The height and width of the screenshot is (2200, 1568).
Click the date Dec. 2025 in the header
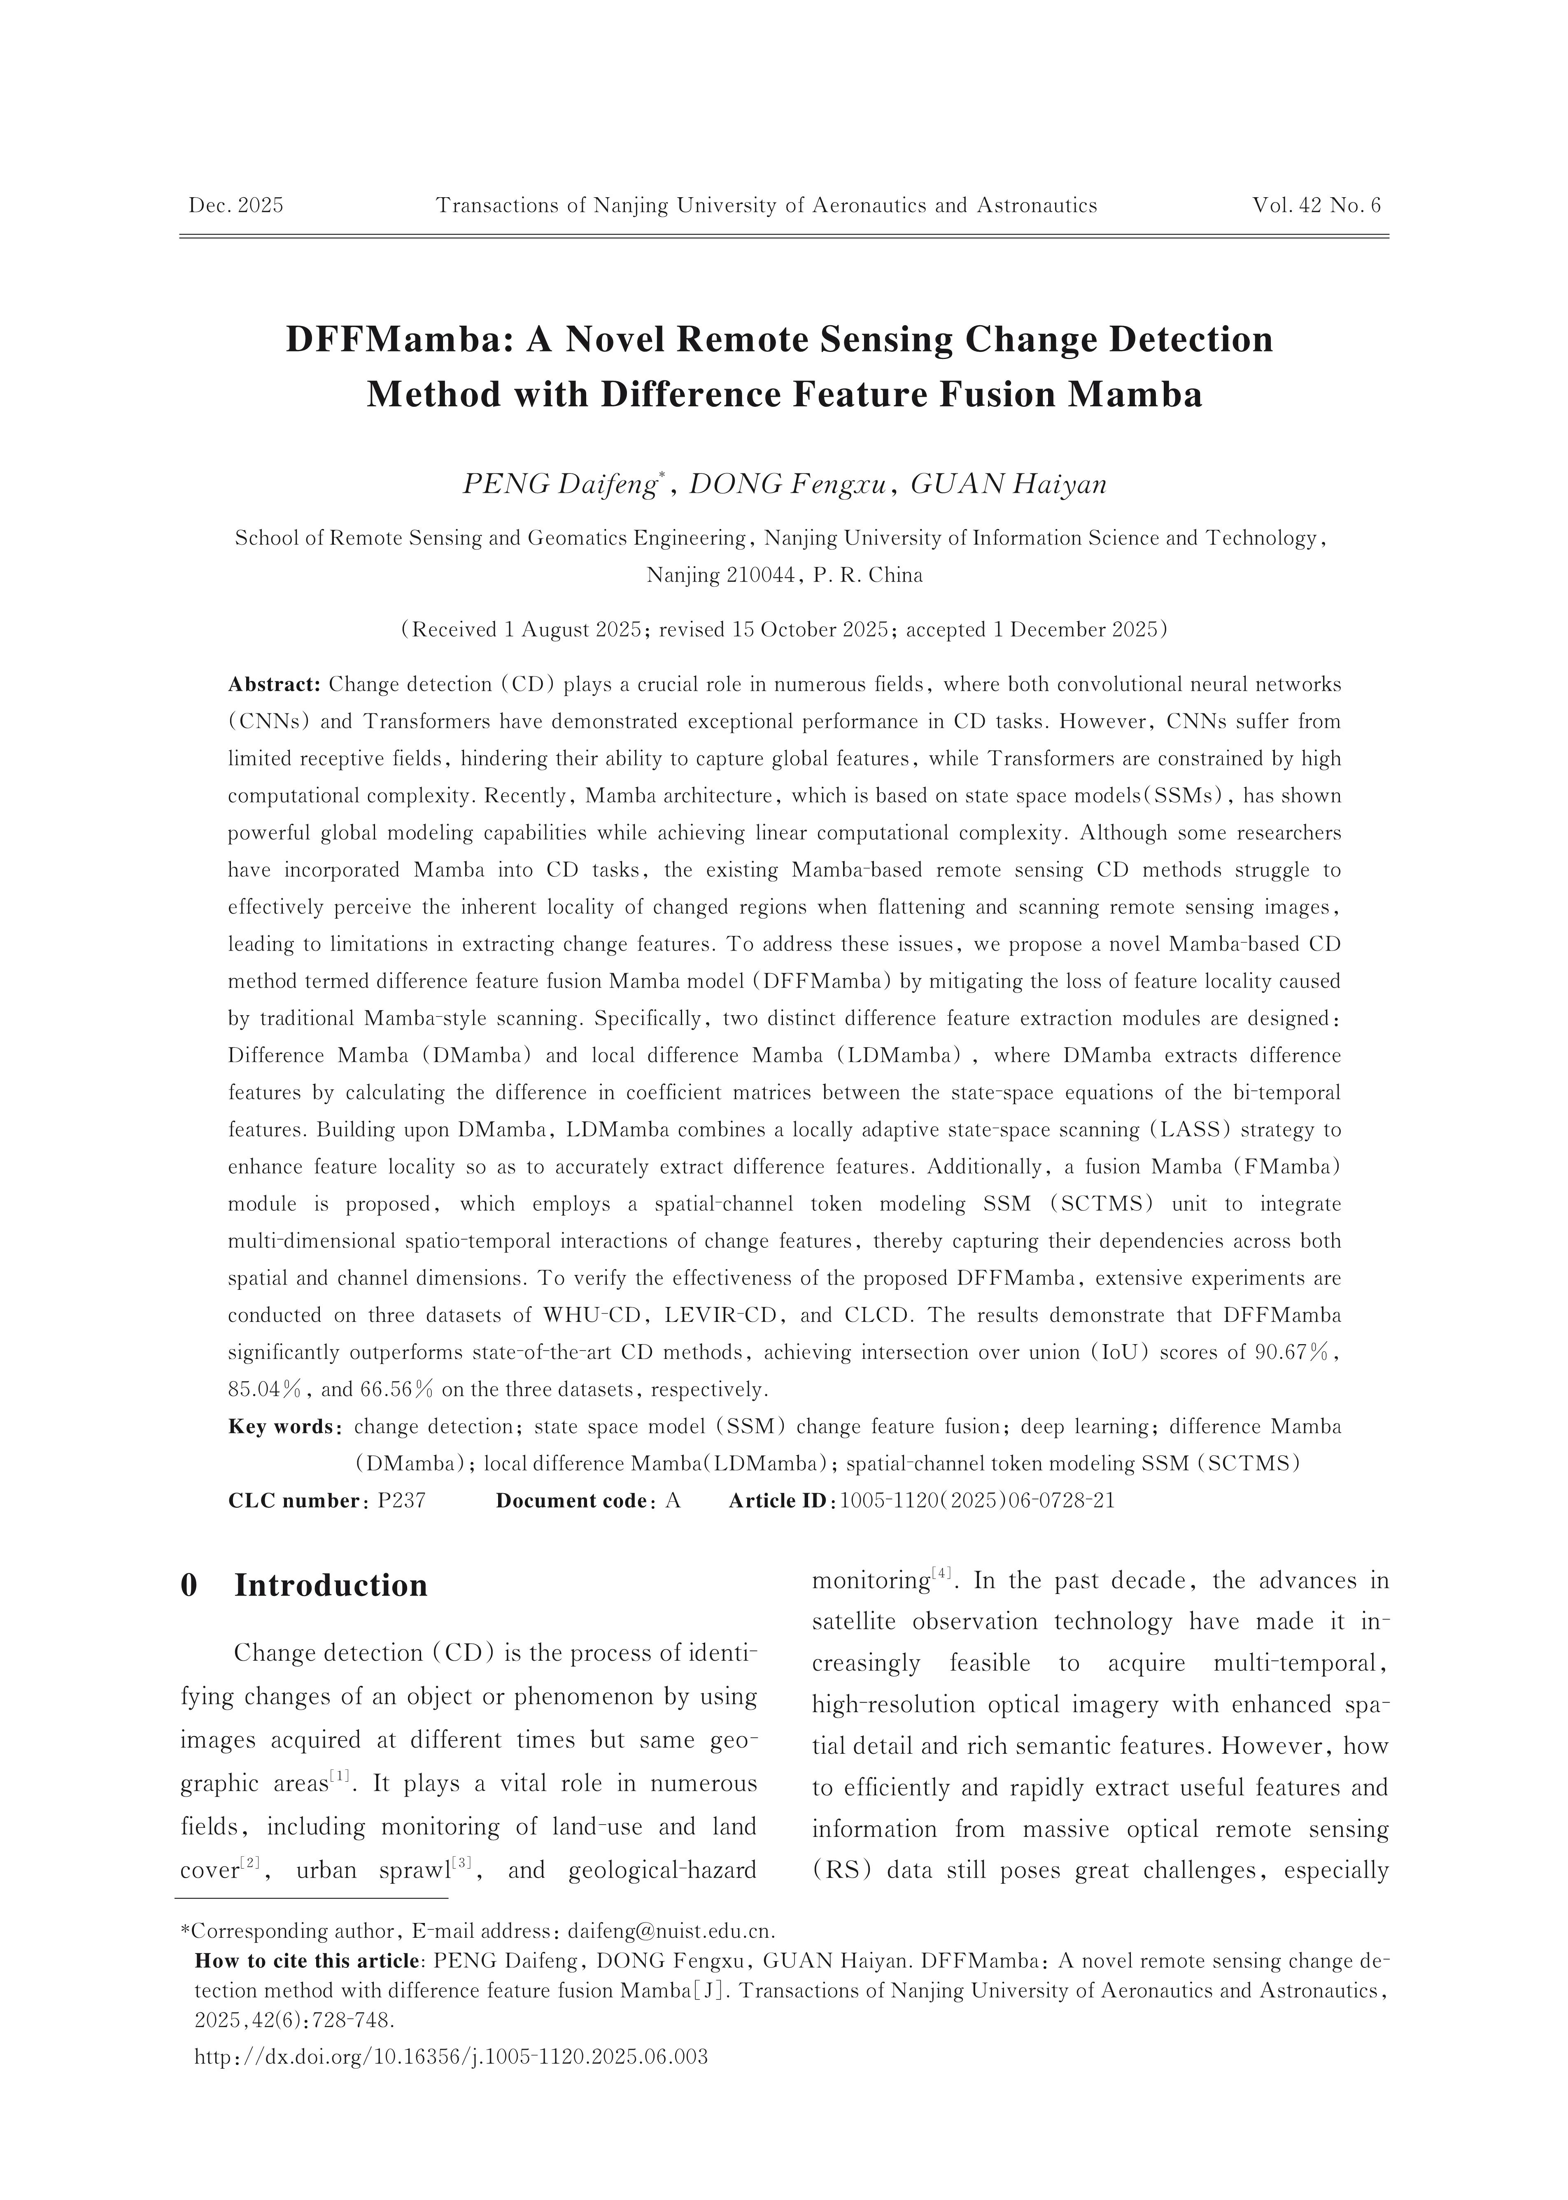tap(235, 205)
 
